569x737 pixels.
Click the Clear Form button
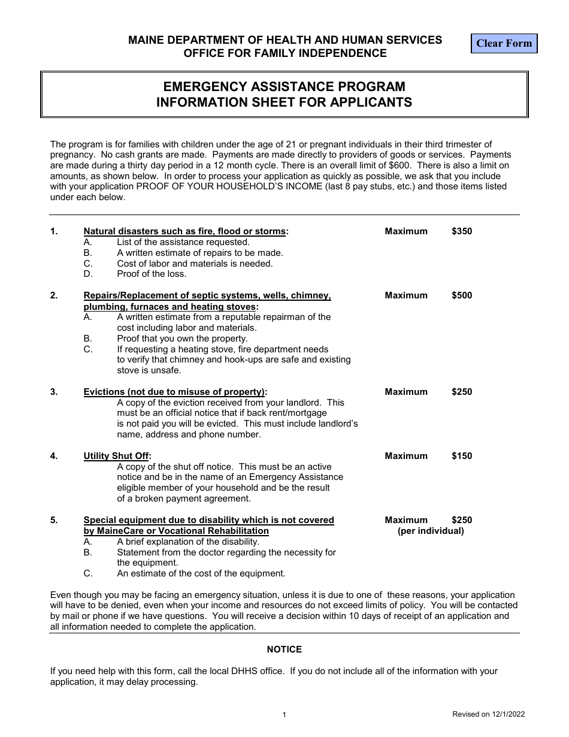(504, 43)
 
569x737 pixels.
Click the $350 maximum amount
(462, 231)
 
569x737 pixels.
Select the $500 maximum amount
(462, 295)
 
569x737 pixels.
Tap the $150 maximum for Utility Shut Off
(462, 456)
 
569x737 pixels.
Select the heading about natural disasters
(186, 231)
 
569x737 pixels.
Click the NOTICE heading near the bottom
(284, 650)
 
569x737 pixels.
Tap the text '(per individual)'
(431, 531)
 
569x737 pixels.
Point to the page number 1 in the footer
(284, 715)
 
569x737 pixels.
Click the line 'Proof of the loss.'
(152, 274)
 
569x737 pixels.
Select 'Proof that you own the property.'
(182, 339)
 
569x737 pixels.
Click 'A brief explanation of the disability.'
(188, 542)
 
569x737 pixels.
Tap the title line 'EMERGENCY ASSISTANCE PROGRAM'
(284, 86)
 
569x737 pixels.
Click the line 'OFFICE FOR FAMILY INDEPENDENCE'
(284, 53)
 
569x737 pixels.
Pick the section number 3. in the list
(54, 392)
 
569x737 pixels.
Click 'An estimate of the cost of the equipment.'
(201, 573)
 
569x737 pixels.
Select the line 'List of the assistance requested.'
(183, 242)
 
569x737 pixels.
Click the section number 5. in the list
(54, 520)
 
